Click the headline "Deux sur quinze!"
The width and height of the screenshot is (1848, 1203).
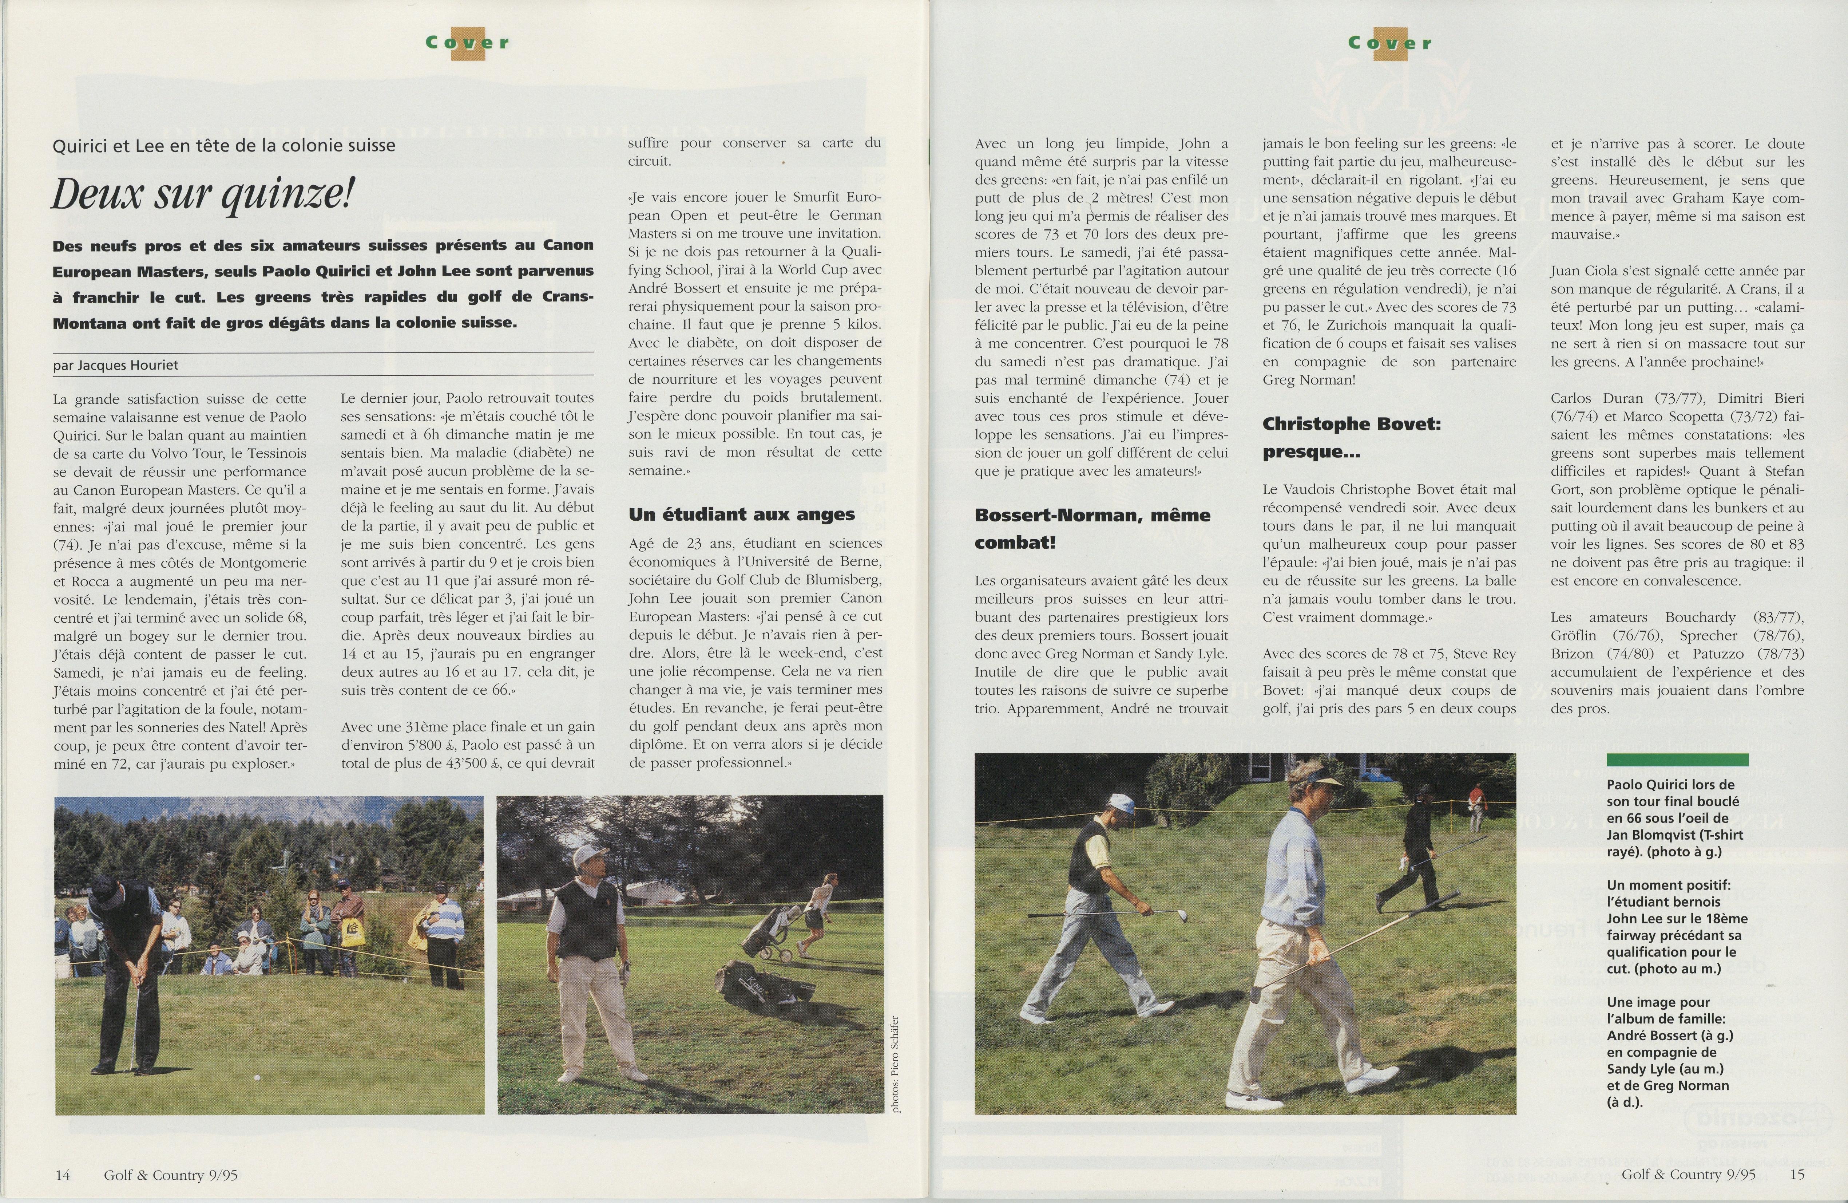click(202, 193)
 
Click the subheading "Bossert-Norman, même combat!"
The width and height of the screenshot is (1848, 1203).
click(1092, 528)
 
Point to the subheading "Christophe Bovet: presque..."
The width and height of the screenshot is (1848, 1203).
click(1351, 437)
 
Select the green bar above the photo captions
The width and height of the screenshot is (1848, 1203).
click(1677, 760)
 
